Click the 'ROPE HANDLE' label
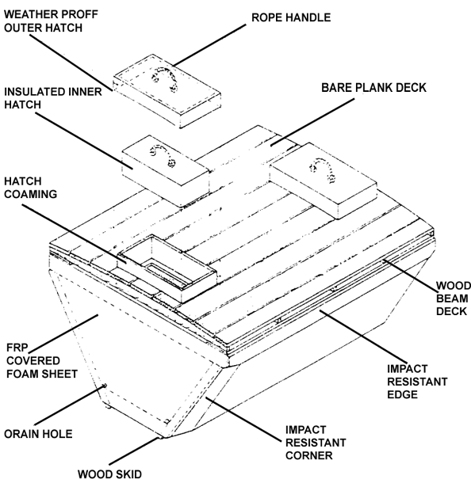291,17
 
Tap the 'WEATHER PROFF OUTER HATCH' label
51,21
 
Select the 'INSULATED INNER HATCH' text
53,98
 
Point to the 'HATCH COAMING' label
31,188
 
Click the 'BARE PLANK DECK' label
373,87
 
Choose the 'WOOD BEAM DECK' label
454,299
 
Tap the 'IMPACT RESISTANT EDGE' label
417,382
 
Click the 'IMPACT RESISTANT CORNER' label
316,443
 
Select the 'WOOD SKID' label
109,474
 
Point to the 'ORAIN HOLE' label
38,434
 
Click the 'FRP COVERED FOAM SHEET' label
42,361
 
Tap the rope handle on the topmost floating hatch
165,78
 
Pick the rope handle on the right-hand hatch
323,169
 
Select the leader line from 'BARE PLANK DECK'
312,122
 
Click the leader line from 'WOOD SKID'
133,451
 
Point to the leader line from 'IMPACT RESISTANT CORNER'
243,419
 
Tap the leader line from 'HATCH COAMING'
74,234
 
